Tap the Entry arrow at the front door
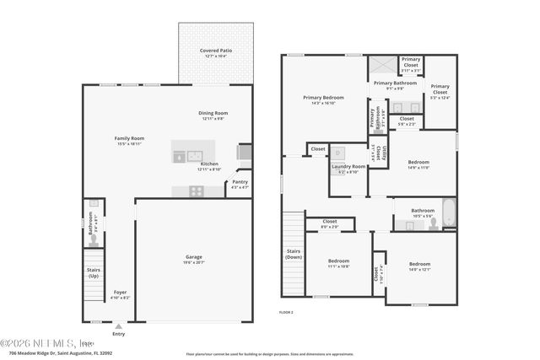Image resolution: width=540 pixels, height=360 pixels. click(118, 326)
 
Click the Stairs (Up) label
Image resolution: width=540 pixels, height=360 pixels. click(94, 272)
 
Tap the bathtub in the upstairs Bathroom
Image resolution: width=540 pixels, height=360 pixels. click(450, 214)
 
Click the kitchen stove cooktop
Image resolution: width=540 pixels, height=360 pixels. click(195, 191)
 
